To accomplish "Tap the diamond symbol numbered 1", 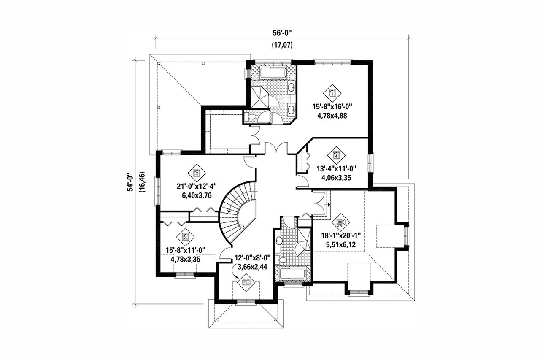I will (332, 92).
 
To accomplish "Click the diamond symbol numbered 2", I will (196, 172).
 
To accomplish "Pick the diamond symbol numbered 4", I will (336, 155).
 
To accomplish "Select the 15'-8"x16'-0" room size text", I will (332, 107).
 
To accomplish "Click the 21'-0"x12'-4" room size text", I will (194, 187).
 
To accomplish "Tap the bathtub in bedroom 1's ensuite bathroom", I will (273, 73).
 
